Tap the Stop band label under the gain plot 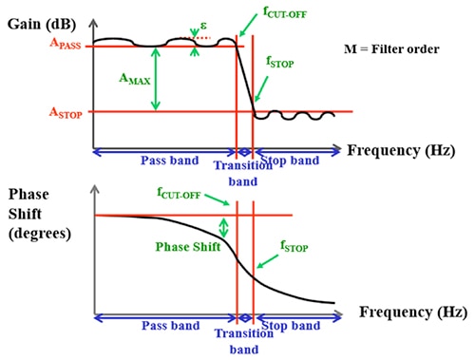pos(291,161)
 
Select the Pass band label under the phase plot pos(164,326)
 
